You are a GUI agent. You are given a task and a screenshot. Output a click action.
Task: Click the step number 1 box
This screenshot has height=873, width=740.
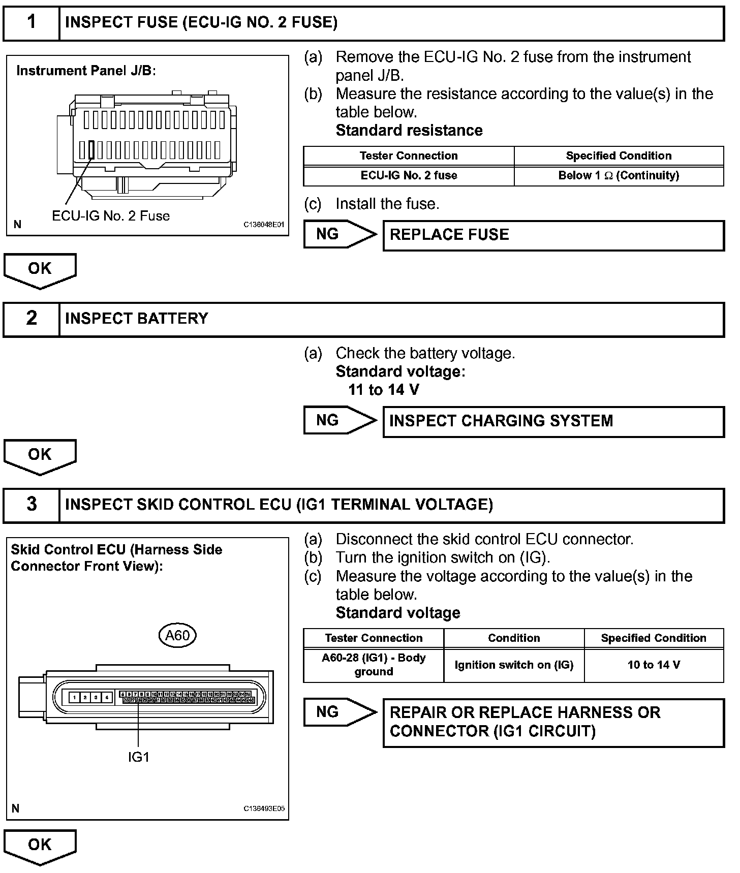coord(32,22)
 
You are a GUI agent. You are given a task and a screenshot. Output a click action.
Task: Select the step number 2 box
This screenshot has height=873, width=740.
coord(32,319)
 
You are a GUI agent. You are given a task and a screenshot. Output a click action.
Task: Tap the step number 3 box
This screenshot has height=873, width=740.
coord(32,505)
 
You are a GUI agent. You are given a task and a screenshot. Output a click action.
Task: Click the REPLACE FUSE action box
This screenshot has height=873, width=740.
coord(553,235)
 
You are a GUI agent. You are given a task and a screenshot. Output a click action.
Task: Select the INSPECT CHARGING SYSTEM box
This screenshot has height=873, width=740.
coord(553,421)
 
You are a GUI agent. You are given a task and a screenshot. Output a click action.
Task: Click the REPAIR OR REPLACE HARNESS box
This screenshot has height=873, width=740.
coord(553,722)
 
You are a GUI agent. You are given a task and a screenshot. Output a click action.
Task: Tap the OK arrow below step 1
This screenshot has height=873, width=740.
coord(40,270)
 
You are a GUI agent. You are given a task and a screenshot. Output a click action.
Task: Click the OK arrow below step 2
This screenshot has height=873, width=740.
coord(40,456)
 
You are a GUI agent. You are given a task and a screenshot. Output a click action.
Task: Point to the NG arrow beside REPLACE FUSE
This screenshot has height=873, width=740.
coord(340,234)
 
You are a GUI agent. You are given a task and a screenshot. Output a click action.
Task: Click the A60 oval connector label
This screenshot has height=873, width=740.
coord(177,635)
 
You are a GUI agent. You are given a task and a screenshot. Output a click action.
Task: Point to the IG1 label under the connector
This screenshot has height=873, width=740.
coord(138,757)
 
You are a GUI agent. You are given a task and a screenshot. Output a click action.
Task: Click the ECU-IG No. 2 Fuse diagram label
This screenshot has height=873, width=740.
coord(111,216)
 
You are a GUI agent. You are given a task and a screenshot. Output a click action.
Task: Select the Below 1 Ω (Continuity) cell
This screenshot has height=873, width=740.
coord(619,176)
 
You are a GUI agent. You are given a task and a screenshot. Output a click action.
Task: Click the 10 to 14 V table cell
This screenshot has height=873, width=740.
coord(654,665)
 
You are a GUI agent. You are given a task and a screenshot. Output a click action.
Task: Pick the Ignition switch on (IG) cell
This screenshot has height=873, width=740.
coord(514,665)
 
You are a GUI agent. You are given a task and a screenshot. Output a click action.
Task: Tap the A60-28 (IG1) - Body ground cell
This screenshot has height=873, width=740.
coord(374,665)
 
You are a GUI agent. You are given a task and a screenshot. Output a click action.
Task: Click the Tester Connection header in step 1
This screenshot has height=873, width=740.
coord(409,156)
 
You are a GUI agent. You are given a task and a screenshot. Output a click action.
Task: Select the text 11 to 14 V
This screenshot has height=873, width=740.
coord(384,390)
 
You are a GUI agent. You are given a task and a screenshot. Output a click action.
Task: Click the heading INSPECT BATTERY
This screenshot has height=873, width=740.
coord(137,319)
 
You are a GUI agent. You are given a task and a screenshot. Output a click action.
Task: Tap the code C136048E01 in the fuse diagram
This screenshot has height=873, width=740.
coord(264,225)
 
